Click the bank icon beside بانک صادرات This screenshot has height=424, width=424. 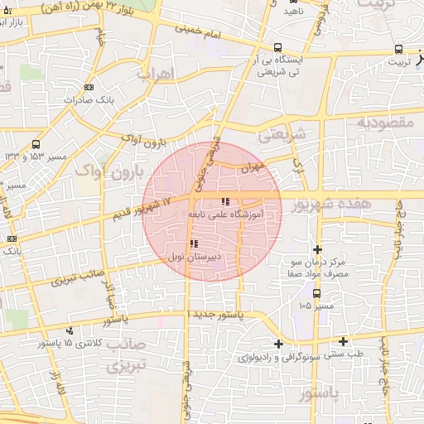coord(89,86)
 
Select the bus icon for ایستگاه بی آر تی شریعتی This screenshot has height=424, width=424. coord(277,48)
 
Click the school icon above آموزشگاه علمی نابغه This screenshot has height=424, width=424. coord(225,202)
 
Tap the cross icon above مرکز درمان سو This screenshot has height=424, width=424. coord(317,249)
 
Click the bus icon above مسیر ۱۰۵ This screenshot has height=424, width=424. coord(316,292)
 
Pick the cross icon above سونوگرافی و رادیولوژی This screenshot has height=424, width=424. coord(278,344)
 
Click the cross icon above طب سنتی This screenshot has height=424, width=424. coord(343,341)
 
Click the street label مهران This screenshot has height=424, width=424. coord(251,167)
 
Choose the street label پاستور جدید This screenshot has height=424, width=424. coord(219,316)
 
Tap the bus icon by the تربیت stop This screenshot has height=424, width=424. coord(399,50)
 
